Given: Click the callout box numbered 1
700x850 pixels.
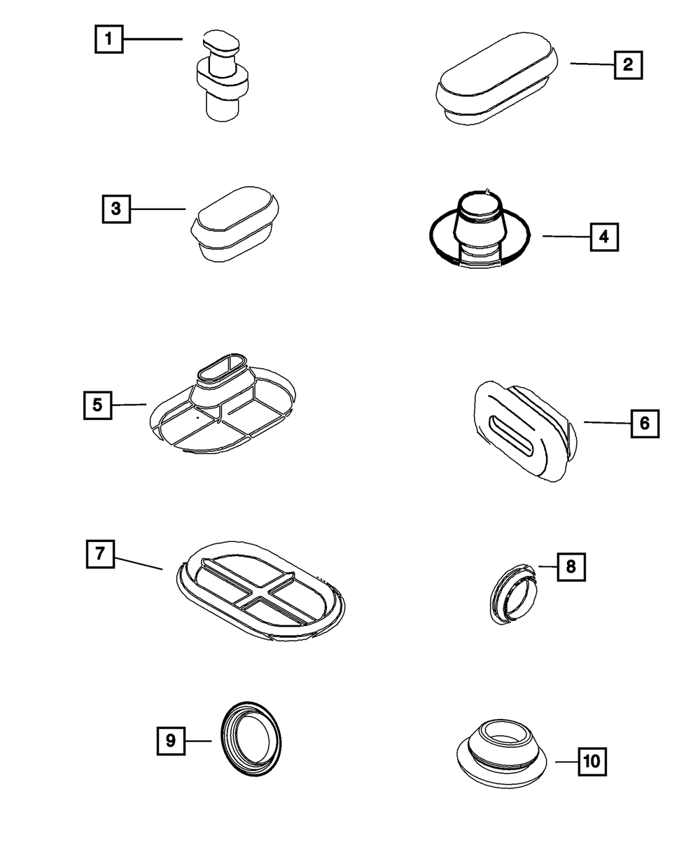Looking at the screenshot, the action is click(108, 39).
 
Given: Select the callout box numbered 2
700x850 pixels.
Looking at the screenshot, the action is click(628, 65).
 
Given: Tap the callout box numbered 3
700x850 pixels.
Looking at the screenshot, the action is click(116, 209).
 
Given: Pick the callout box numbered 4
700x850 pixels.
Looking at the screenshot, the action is click(604, 237).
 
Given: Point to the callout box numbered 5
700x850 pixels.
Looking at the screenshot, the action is click(97, 405).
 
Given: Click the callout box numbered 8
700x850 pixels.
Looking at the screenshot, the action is click(570, 566).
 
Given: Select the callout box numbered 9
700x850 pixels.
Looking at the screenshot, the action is click(171, 740).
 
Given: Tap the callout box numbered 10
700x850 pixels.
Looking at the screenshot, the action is click(591, 761).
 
